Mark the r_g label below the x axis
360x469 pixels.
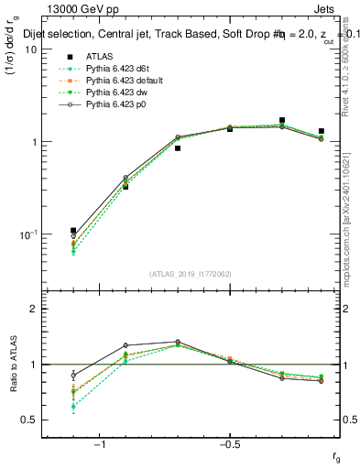337,455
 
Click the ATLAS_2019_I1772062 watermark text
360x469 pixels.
191,274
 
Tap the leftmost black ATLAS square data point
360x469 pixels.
73,231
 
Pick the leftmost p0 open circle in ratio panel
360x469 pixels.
73,375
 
